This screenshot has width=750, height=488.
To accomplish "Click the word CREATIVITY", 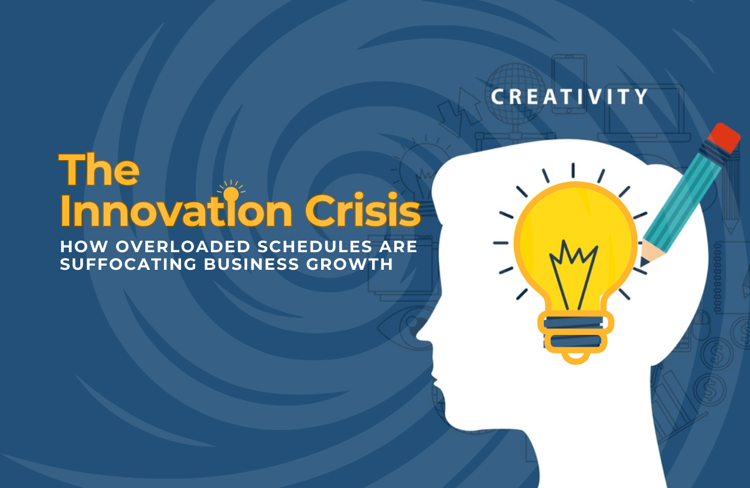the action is (x=569, y=97).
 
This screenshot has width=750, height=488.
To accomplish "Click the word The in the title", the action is (x=99, y=170).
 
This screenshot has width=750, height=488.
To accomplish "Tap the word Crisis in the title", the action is (x=363, y=209).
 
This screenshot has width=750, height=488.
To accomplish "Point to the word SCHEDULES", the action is (x=315, y=247).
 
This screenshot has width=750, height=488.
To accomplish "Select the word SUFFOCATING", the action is (x=128, y=264).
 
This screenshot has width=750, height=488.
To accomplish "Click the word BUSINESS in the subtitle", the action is (x=251, y=264).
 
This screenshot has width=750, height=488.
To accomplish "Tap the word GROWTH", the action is (x=349, y=264).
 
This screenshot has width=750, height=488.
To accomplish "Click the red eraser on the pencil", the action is (x=725, y=137).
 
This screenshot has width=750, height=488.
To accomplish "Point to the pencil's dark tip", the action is (x=643, y=262).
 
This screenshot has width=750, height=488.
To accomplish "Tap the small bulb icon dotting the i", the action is (x=231, y=194).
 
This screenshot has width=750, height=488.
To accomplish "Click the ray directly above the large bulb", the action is (x=573, y=170).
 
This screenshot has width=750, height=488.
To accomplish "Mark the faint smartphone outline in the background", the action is (x=569, y=84).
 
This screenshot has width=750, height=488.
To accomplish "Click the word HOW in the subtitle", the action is (x=84, y=247).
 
